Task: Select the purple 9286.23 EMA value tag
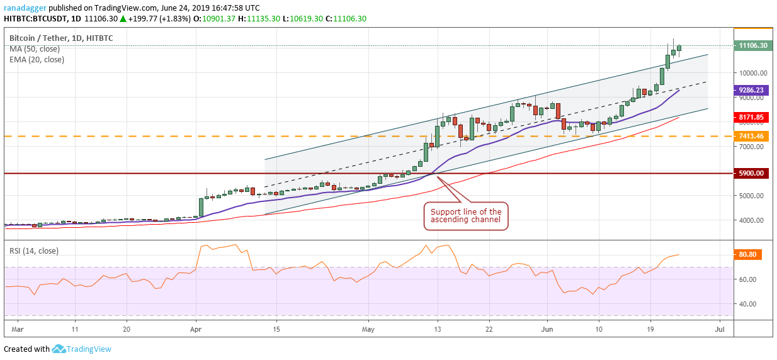[751, 90]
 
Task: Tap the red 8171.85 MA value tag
[751, 117]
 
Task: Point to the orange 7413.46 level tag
[751, 136]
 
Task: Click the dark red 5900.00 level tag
[751, 173]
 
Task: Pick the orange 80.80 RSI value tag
[749, 255]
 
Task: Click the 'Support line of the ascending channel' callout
[466, 216]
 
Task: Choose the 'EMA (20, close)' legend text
[37, 60]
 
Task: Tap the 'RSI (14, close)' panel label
[34, 250]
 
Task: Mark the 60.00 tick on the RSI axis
[747, 279]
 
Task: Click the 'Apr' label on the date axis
[196, 329]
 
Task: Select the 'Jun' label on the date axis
[547, 329]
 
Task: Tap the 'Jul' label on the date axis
[720, 329]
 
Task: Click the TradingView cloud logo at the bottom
[59, 349]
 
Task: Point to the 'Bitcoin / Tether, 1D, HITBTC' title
[60, 38]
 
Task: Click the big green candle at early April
[201, 207]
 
